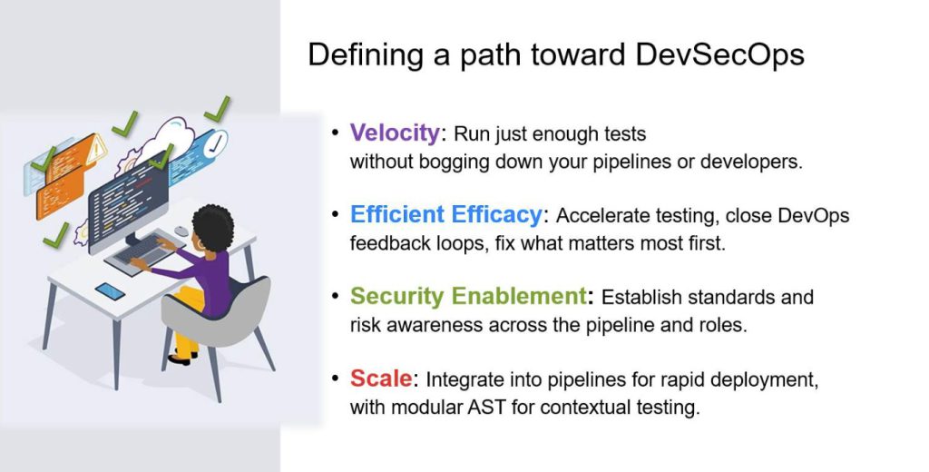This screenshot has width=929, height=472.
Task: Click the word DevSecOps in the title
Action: (719, 55)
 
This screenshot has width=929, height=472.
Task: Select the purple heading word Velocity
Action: (395, 133)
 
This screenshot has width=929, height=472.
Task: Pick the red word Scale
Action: (381, 378)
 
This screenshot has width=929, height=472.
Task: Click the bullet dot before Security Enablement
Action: (336, 295)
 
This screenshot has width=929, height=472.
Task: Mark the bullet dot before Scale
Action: (336, 378)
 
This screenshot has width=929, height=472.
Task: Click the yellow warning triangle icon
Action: (96, 149)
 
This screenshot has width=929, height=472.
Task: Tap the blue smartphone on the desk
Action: (110, 291)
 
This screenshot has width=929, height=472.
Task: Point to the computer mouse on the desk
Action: (181, 231)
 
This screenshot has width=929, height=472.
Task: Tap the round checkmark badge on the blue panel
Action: (216, 143)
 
